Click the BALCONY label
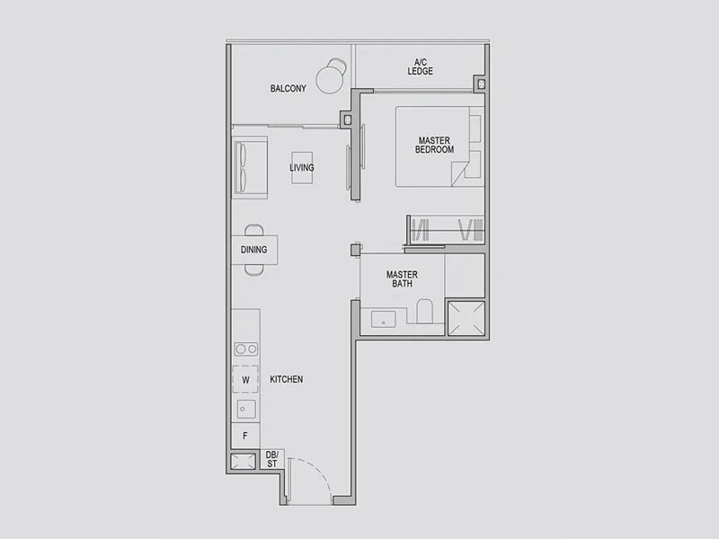point(288,88)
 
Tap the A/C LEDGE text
point(420,66)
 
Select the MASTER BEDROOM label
point(434,145)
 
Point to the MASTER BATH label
point(402,279)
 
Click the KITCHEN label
point(286,379)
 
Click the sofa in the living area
point(250,167)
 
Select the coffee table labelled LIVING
point(302,168)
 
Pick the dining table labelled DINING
point(254,250)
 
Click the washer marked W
point(245,379)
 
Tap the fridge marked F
point(245,436)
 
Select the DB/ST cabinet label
point(272,459)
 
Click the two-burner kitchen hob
point(246,349)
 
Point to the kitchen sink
point(246,409)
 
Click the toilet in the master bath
point(424,311)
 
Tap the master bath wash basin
point(384,319)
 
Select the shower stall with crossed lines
point(466,318)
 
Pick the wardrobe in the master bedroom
point(446,229)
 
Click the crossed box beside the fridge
point(243,462)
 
